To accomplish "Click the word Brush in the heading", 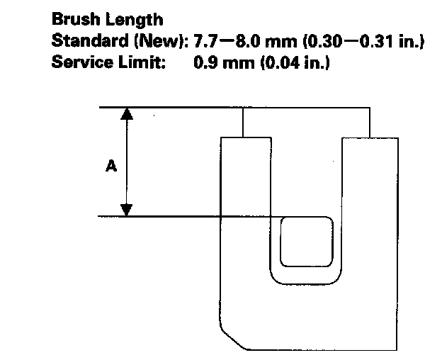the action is coord(74,21).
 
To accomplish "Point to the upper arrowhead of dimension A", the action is coord(127,115).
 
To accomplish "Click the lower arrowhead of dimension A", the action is coord(127,209).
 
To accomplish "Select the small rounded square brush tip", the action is coord(306,242).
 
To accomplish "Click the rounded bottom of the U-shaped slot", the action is coord(306,278).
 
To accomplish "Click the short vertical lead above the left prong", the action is coord(243,122).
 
